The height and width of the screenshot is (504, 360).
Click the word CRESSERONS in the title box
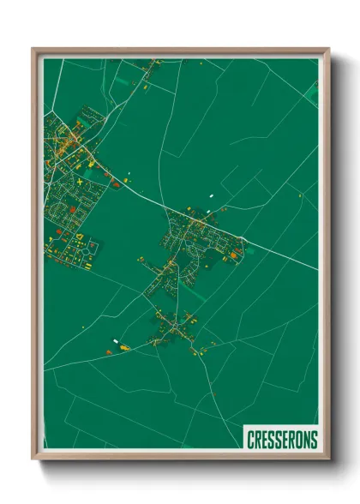[282, 440]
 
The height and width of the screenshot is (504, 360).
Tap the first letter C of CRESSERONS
[250, 440]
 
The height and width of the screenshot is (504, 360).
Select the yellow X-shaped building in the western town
[80, 183]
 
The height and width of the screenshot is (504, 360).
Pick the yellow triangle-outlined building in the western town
[79, 234]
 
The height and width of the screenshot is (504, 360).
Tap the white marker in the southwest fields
[115, 341]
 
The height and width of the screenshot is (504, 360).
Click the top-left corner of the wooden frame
[33, 49]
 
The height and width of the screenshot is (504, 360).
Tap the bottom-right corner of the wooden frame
[329, 459]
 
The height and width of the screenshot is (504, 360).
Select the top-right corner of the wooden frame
[329, 49]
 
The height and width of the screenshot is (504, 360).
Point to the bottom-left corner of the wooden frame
[33, 459]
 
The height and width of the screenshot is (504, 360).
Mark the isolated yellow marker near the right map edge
[300, 195]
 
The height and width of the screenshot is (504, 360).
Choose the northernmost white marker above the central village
[210, 196]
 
